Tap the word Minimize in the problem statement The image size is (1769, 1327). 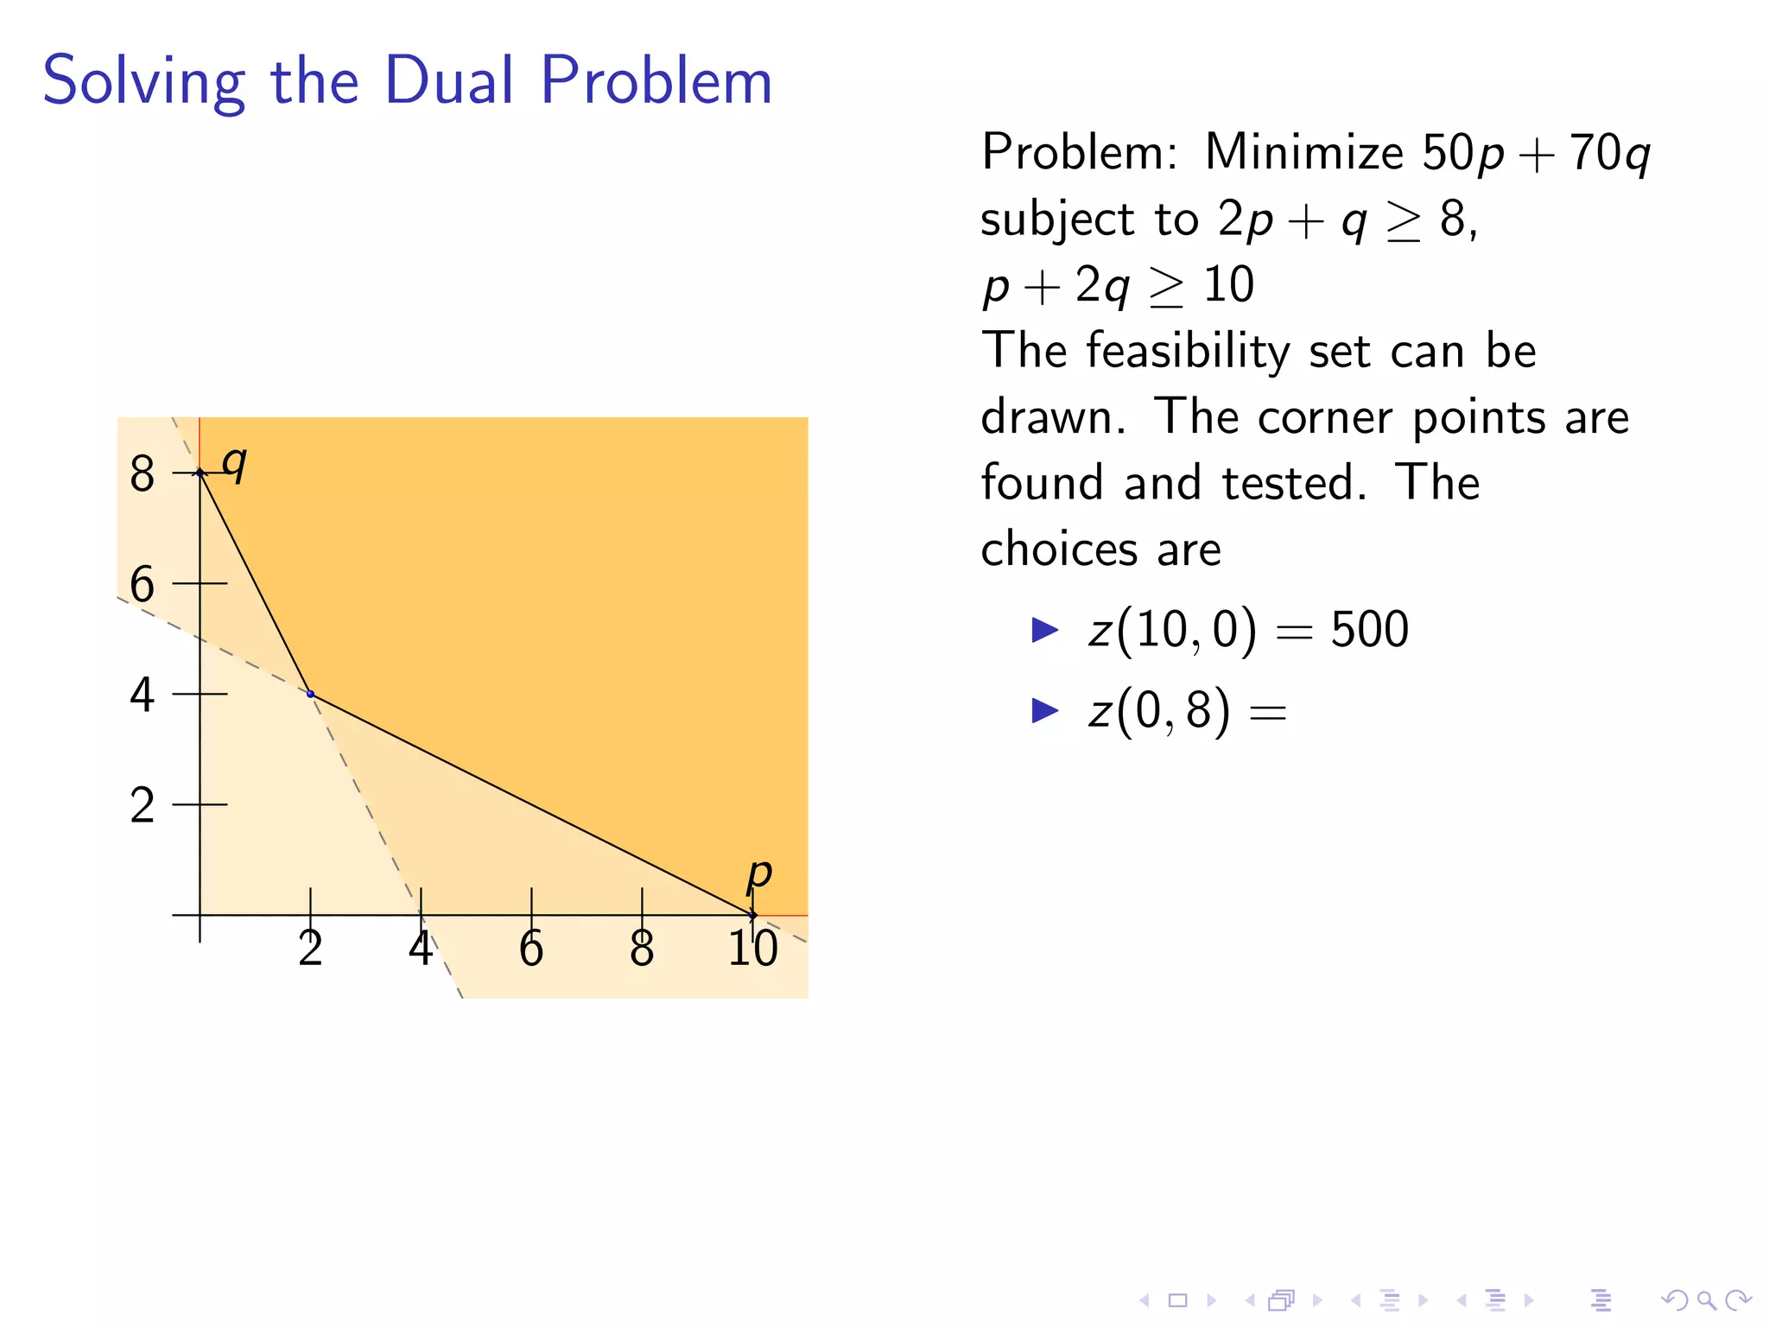[1303, 153]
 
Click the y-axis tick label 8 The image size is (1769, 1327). [143, 474]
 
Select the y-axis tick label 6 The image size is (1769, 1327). [143, 585]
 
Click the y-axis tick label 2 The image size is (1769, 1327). [143, 806]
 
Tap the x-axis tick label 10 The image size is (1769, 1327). [752, 949]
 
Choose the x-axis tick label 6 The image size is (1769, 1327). [531, 949]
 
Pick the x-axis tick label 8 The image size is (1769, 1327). [642, 949]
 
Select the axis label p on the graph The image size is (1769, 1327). [758, 874]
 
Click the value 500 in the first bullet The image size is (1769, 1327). [1369, 630]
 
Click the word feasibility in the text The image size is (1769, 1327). [1188, 352]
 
